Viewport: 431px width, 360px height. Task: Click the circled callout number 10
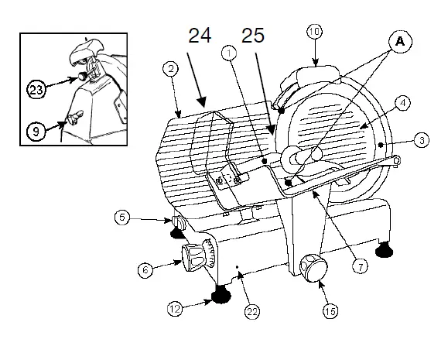tap(314, 33)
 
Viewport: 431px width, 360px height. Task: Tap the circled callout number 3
tap(420, 141)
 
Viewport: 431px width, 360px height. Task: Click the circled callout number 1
tap(229, 53)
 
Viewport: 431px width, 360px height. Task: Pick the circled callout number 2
tap(170, 68)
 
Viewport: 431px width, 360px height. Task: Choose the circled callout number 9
tap(34, 132)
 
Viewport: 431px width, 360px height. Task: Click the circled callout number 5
tap(121, 218)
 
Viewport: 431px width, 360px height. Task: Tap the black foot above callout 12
tap(221, 293)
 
